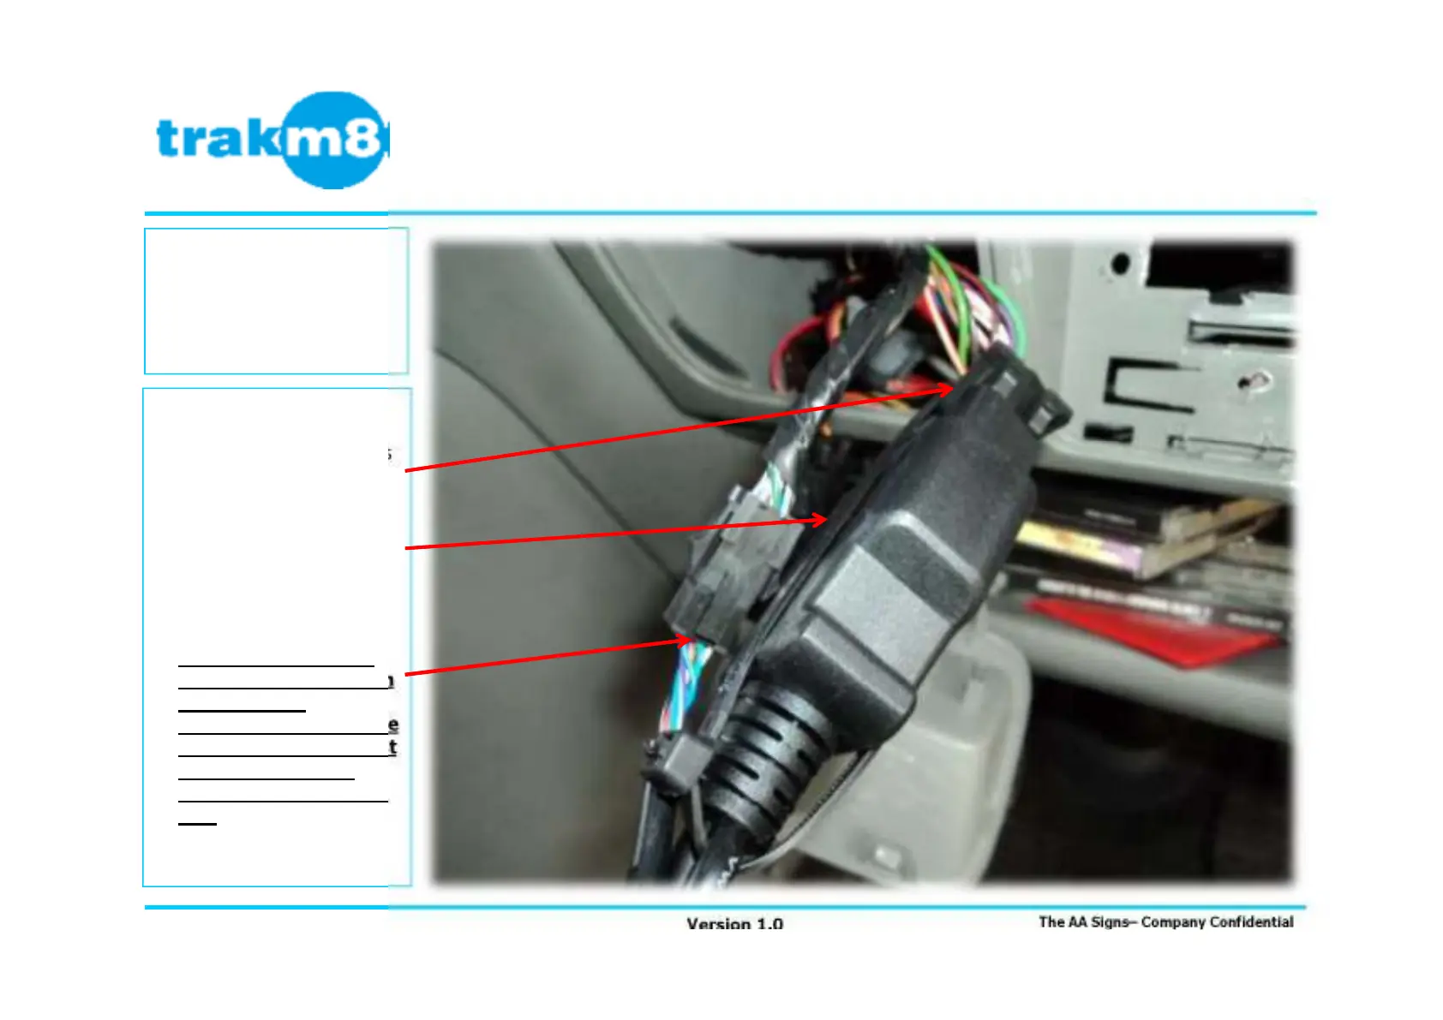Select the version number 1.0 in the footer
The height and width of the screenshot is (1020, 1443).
coord(769,924)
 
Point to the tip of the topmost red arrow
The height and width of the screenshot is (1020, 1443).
coord(953,389)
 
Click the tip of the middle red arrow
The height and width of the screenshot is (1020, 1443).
coord(827,519)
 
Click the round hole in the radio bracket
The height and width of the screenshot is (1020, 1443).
coord(1119,264)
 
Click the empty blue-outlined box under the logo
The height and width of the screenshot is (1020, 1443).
coord(276,301)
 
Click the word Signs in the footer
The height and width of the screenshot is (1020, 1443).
coord(1109,922)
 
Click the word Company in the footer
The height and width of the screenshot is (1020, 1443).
coord(1172,922)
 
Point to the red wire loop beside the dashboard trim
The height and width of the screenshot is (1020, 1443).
coord(793,351)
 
